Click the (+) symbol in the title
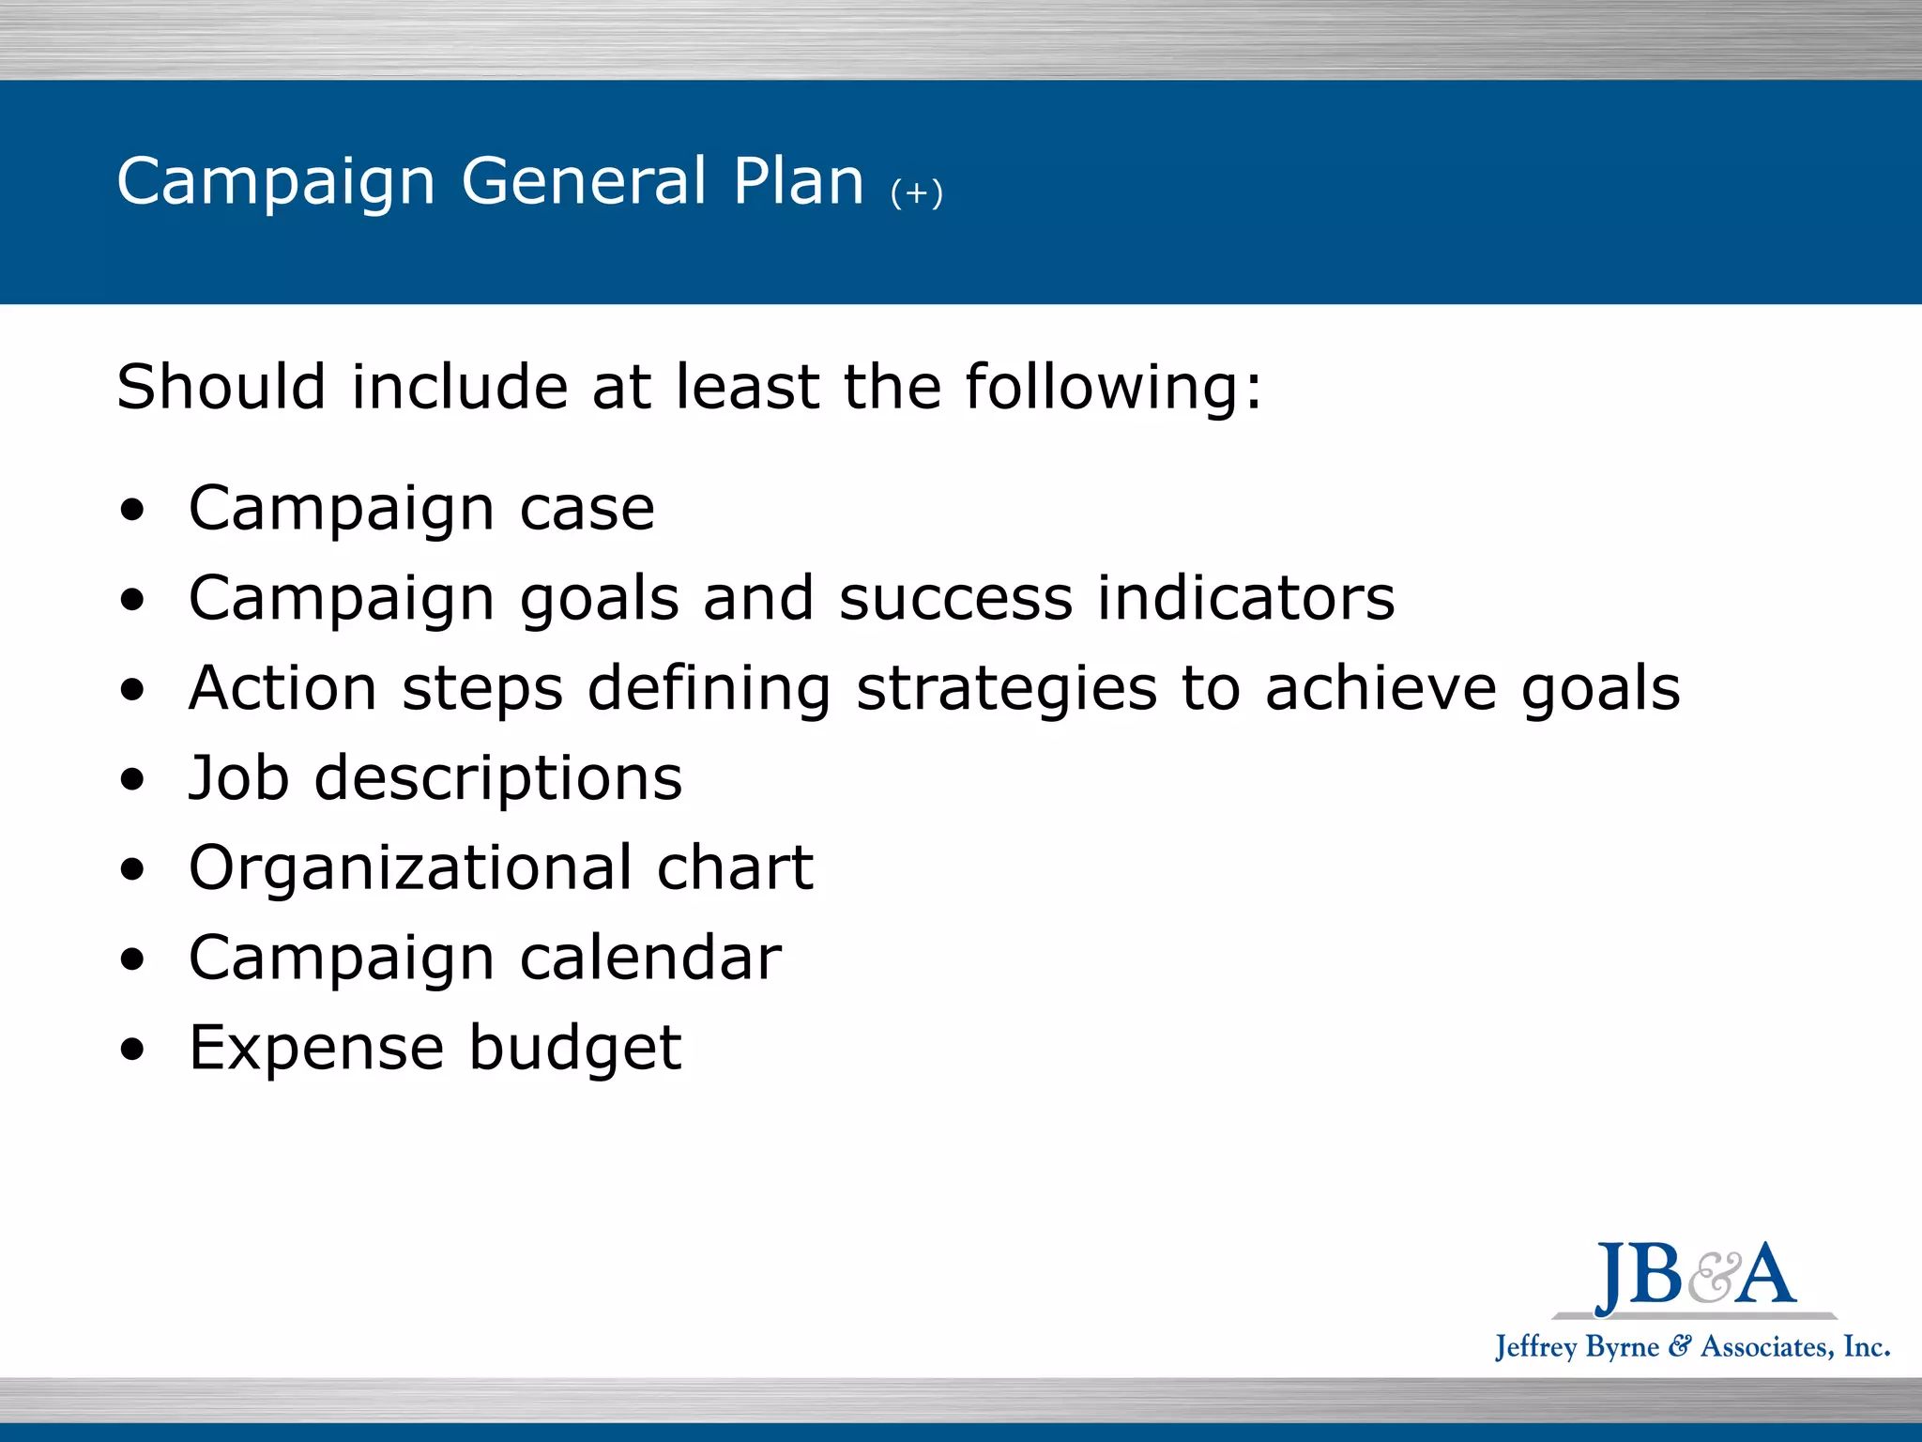916,192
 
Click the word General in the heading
584,180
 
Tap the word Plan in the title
798,180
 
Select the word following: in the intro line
1113,387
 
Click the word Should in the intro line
221,387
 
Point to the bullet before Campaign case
133,510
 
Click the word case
587,510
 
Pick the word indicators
1245,598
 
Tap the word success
954,600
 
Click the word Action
282,688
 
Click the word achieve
1380,688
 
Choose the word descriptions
497,780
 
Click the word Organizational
410,868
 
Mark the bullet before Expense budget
133,1049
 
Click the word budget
574,1049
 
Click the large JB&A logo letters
1695,1275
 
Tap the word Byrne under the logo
1621,1347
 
